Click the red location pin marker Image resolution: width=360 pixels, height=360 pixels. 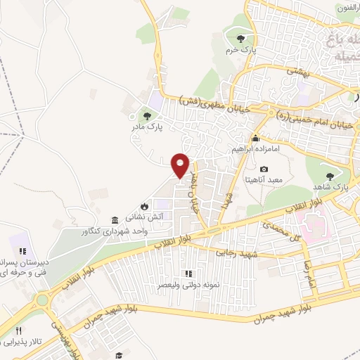(x=181, y=165)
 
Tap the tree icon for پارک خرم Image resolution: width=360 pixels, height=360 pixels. (x=241, y=38)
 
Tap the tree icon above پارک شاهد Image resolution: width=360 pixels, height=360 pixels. (x=329, y=176)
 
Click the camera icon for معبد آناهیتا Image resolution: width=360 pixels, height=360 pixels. (x=264, y=169)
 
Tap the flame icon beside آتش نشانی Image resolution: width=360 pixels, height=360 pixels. (x=144, y=206)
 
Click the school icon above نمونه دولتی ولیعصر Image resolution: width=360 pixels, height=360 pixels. (x=188, y=274)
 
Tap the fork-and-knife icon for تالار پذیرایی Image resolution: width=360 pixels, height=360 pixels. (x=20, y=330)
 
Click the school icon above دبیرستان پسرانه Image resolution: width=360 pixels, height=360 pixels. (x=22, y=250)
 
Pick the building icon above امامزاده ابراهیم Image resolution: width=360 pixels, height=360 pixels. (x=256, y=138)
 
